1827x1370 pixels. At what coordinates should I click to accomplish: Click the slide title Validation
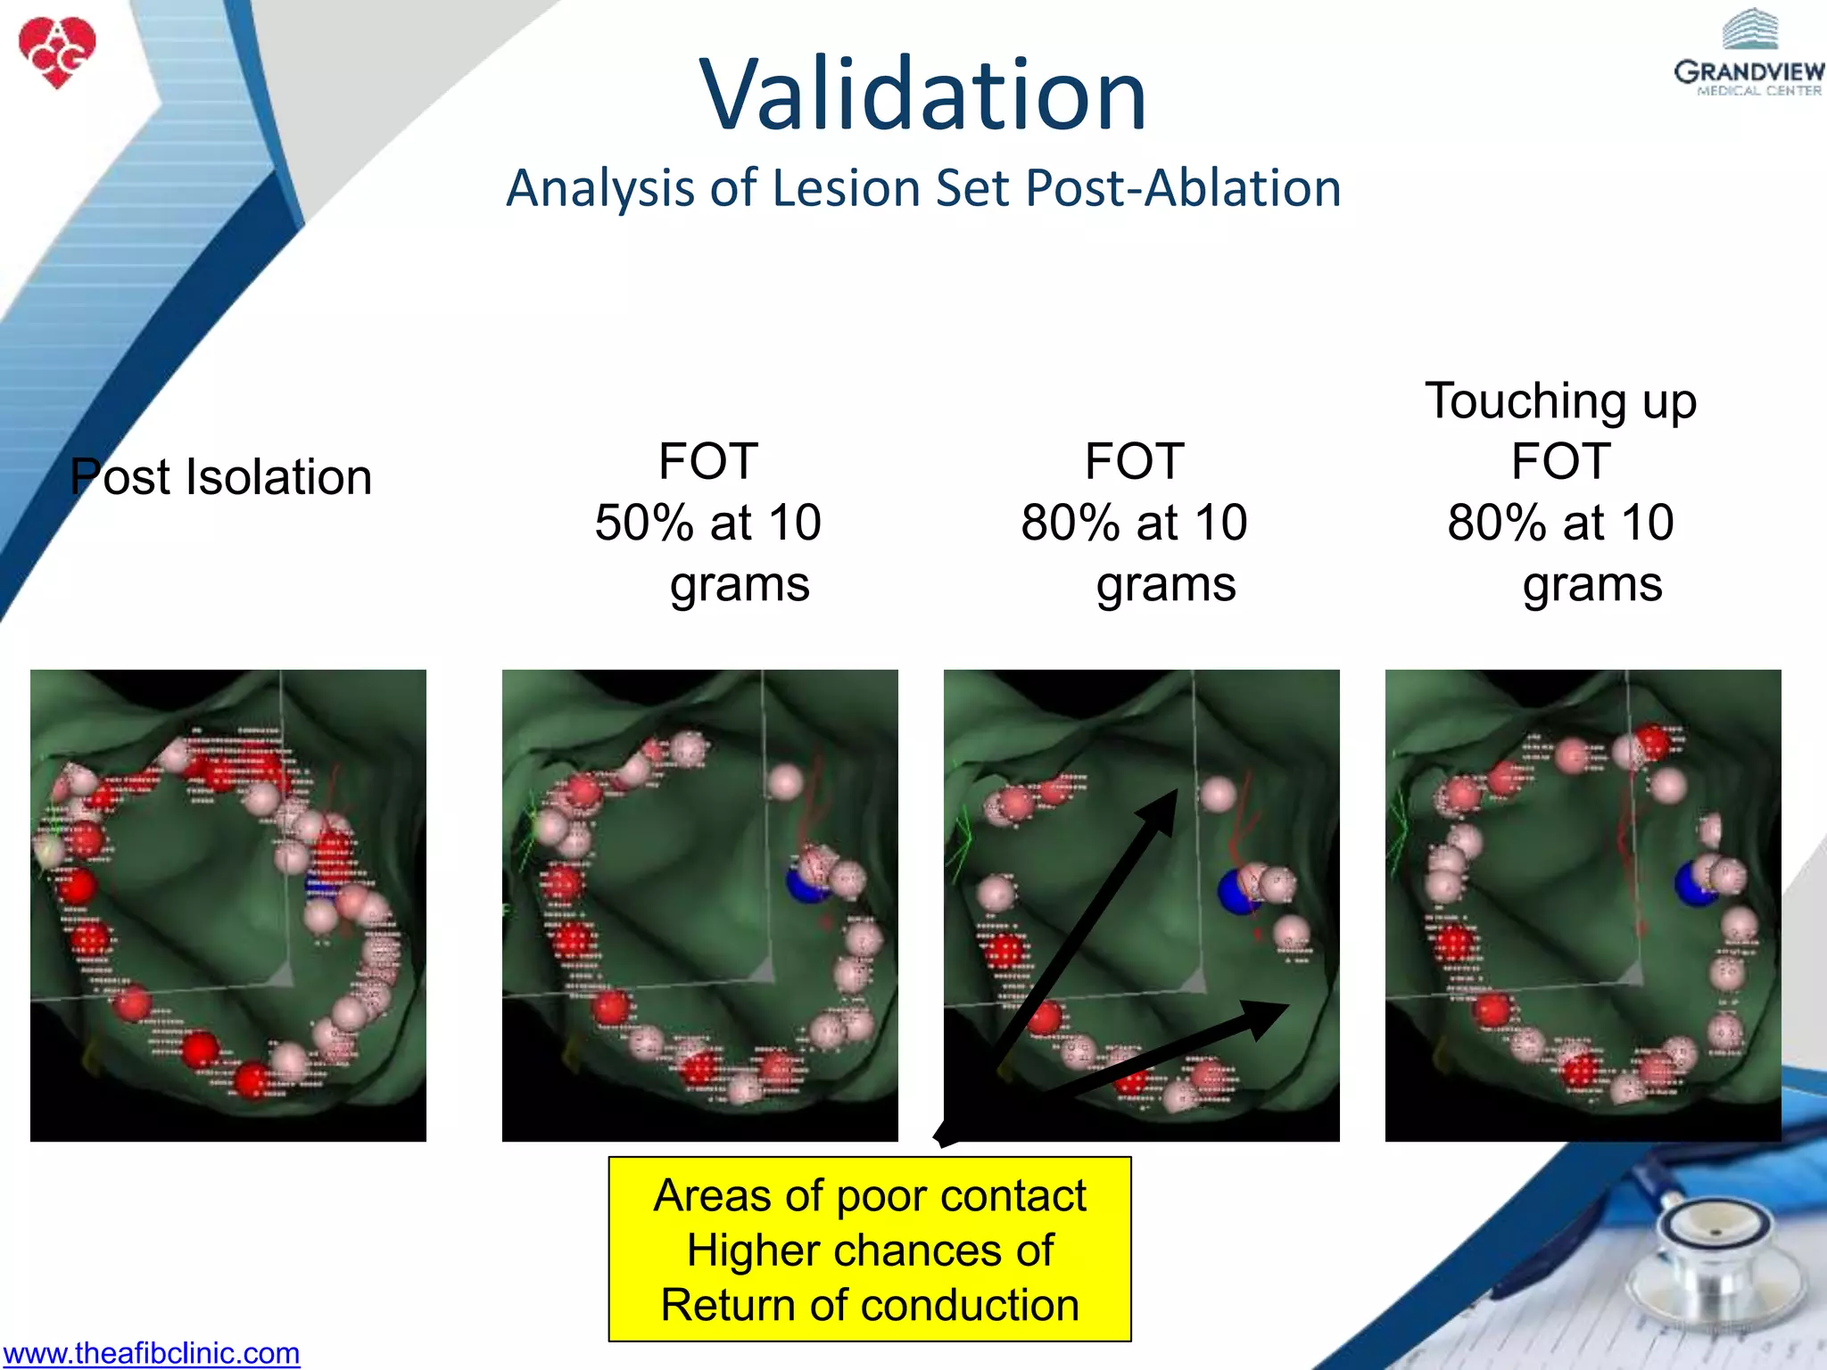point(922,95)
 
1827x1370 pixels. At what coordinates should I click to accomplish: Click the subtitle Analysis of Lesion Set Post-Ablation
point(922,188)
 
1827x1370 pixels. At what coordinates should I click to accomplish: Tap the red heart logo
point(57,52)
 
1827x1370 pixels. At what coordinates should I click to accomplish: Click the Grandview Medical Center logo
point(1748,54)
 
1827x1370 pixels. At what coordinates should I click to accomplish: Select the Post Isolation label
point(221,477)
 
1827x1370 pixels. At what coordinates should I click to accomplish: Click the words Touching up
point(1559,400)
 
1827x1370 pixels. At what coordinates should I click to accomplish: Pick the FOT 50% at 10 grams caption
point(707,522)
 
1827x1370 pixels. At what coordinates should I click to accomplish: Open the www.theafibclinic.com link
point(151,1353)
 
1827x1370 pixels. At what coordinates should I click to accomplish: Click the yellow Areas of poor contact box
point(870,1249)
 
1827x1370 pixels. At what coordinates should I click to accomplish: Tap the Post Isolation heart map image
point(228,905)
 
